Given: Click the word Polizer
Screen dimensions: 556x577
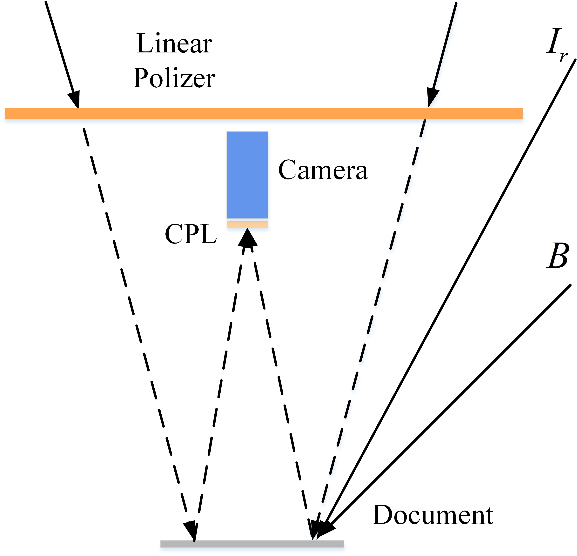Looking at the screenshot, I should [174, 78].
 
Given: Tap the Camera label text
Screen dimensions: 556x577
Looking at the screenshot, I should [323, 170].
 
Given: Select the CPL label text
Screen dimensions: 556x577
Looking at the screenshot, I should [191, 234].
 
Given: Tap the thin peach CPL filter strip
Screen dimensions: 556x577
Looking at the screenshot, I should [247, 224].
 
